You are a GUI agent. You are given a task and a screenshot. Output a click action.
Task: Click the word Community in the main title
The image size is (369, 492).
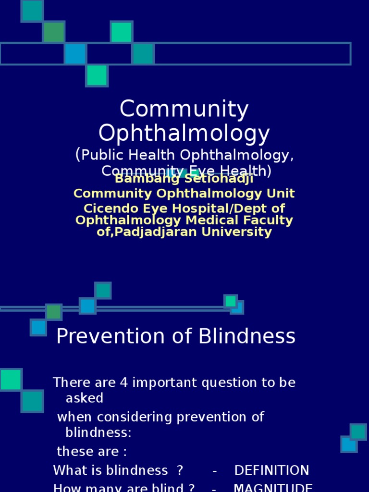point(184,110)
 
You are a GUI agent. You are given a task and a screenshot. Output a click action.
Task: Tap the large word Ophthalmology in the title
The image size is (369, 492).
point(184,134)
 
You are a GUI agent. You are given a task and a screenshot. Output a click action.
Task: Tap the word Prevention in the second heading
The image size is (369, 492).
point(103,337)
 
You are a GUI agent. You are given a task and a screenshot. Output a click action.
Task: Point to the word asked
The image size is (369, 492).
point(84,398)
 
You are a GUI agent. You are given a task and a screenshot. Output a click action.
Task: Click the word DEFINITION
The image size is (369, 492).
point(271,470)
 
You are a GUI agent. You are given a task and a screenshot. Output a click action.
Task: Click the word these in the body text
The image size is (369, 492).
point(72,452)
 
